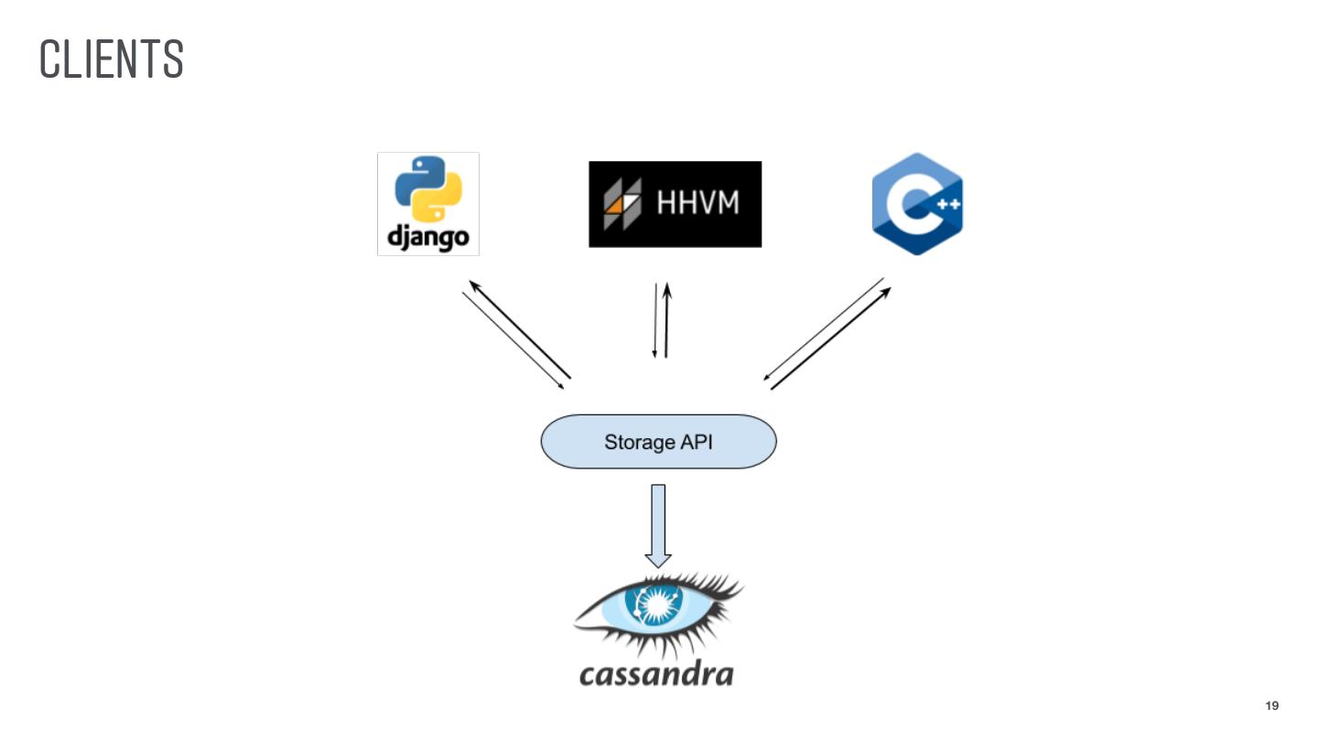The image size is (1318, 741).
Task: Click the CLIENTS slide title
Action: coord(112,59)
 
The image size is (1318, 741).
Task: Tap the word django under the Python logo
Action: coord(428,237)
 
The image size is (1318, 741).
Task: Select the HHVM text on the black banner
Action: coord(697,203)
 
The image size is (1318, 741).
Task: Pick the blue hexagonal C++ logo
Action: coord(916,204)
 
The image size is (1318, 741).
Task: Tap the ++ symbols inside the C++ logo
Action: coord(948,205)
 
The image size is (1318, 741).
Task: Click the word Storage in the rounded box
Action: coord(638,443)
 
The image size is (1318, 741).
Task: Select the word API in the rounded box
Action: coord(696,443)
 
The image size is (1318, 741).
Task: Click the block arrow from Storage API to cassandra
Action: coord(658,525)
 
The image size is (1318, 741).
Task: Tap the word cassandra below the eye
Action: coord(656,674)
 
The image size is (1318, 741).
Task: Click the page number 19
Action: coord(1271,705)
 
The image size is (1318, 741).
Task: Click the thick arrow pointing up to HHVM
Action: coord(667,319)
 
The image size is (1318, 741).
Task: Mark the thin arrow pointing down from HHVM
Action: coord(655,320)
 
